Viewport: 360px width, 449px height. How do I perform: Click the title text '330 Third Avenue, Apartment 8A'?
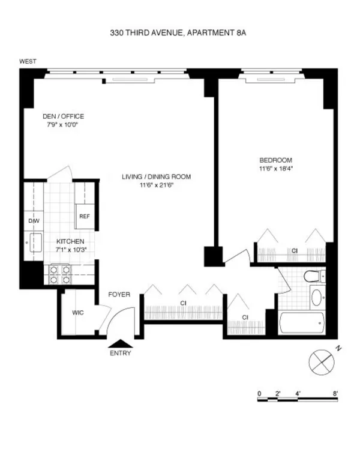[178, 34]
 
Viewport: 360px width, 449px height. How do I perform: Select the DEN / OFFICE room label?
[63, 116]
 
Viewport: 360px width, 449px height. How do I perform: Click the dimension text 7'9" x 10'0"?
[63, 125]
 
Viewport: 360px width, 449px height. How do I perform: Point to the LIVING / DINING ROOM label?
[156, 176]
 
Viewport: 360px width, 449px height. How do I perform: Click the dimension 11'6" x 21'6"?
[156, 185]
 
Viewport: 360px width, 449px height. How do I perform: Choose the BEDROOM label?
[275, 160]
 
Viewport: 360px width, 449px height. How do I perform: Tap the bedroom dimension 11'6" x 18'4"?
[275, 169]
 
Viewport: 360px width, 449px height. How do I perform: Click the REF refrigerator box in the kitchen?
[85, 217]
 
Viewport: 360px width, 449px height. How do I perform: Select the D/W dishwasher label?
[34, 221]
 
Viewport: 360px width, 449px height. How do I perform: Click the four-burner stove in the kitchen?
[59, 274]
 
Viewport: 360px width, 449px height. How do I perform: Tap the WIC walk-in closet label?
[78, 313]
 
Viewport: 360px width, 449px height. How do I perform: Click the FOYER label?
[119, 295]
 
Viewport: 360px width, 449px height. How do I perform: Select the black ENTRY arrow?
[119, 342]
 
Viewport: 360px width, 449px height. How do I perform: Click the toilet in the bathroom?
[311, 277]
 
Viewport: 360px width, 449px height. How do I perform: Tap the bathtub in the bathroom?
[302, 324]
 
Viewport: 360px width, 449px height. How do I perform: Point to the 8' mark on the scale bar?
[336, 393]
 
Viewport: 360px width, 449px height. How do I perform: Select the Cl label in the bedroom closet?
[295, 251]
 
